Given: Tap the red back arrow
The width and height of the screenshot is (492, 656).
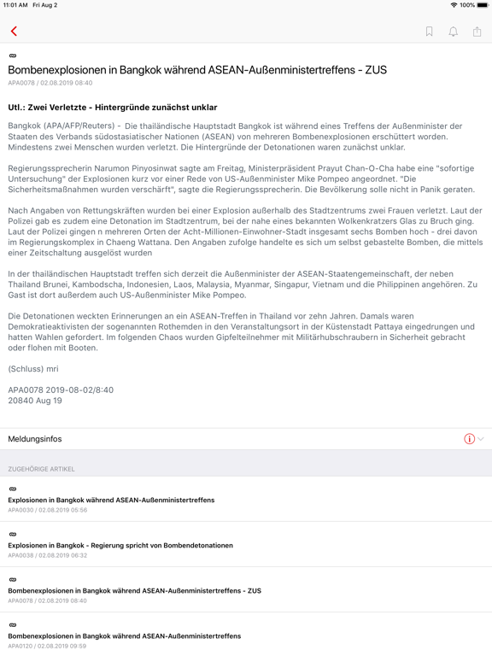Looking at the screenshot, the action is click(14, 32).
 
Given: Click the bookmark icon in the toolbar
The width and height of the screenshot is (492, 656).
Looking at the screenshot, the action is click(430, 32).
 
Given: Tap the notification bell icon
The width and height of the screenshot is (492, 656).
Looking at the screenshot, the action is click(454, 32).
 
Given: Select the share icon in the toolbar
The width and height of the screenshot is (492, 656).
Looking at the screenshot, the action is click(477, 32).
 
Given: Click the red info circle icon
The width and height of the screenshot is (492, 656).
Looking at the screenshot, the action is click(469, 439).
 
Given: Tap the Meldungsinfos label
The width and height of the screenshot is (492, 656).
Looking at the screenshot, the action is click(35, 439).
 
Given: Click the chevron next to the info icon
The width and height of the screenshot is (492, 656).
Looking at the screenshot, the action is click(481, 439).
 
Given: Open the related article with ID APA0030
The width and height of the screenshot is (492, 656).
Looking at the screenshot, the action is click(111, 500).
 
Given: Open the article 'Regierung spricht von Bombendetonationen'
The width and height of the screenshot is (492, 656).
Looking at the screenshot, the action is click(120, 545).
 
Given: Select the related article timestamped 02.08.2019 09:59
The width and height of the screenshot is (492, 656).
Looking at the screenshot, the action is click(124, 635).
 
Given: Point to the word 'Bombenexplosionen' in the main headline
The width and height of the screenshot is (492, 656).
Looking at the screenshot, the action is click(60, 70).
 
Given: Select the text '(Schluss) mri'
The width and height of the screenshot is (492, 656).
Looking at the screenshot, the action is click(33, 368).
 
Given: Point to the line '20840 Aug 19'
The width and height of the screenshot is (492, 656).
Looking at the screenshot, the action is click(35, 400).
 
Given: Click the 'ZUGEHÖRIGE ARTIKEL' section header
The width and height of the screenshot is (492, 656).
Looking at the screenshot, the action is click(41, 469).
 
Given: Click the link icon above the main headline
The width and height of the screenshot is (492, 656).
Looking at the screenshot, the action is click(12, 56).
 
